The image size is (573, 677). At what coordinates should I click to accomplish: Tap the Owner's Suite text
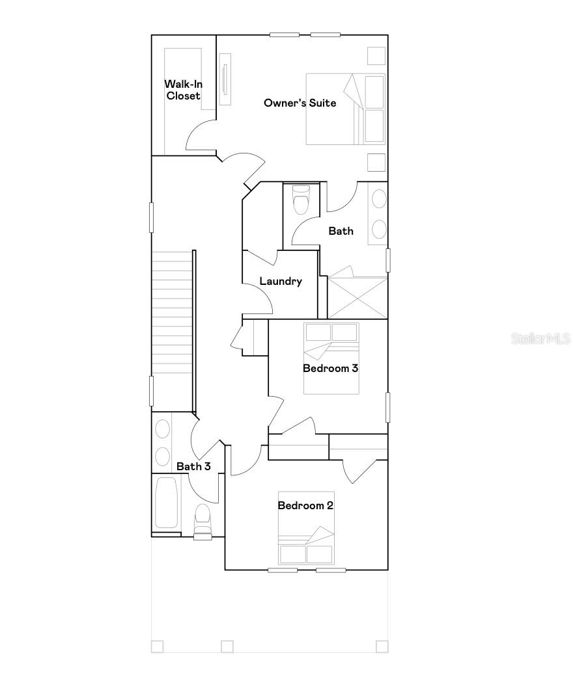[300, 103]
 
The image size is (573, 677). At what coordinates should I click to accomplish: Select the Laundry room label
[281, 282]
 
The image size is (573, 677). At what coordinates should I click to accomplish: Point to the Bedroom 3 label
[331, 368]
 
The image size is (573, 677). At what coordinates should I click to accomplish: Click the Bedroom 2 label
[305, 505]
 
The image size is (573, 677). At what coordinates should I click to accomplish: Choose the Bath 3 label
[194, 466]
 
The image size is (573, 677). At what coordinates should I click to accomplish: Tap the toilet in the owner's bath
[301, 200]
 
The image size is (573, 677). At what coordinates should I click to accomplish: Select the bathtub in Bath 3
[167, 503]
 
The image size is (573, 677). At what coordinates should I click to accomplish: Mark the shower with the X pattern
[357, 298]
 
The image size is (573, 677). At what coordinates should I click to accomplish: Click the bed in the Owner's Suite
[345, 109]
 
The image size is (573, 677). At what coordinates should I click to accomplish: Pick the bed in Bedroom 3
[331, 358]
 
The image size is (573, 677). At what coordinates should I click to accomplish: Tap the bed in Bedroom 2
[306, 527]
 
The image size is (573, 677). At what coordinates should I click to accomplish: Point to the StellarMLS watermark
[540, 339]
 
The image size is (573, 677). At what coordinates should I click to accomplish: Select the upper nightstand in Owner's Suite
[376, 57]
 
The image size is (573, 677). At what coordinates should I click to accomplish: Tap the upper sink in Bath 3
[162, 429]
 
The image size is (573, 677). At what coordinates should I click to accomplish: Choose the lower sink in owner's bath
[378, 228]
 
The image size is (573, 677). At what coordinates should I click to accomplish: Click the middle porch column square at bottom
[227, 646]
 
